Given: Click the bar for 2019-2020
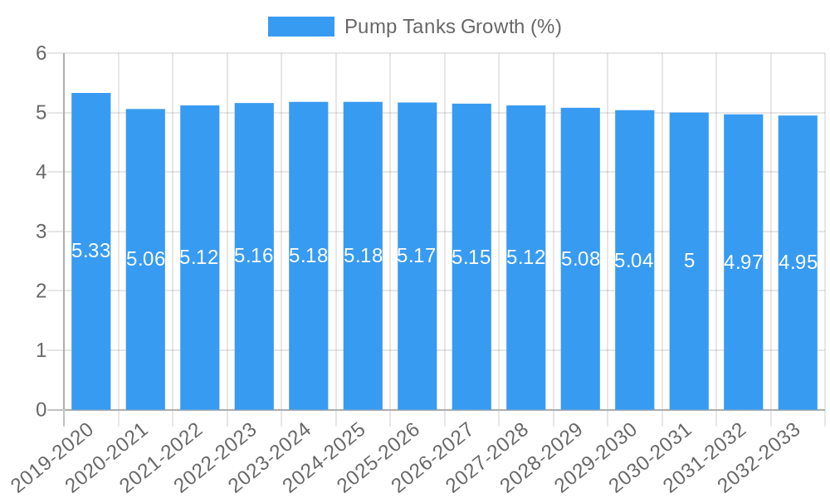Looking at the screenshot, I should [91, 332].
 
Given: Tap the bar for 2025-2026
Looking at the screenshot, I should [417, 332].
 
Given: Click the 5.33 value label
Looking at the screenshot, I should [91, 251].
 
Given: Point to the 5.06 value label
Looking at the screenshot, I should [145, 259].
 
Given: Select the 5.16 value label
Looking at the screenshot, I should [254, 256].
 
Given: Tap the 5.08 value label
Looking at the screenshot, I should [580, 258].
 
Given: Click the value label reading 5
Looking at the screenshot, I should [689, 261].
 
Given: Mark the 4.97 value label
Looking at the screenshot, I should [743, 262].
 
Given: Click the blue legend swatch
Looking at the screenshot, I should [300, 27].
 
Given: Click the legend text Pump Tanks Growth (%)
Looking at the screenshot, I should [452, 27].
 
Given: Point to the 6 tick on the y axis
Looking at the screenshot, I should [41, 53].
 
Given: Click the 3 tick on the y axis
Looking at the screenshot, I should [41, 232].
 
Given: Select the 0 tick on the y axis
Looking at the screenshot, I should [41, 410].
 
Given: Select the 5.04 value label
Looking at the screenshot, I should [634, 261].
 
